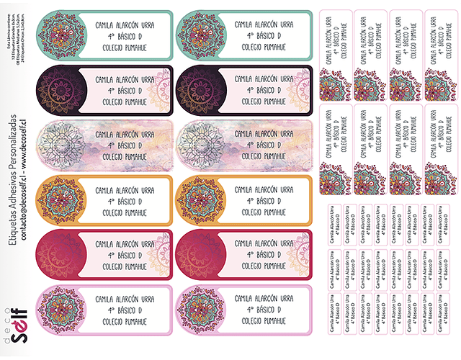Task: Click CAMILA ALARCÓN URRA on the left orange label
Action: click(x=125, y=190)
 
